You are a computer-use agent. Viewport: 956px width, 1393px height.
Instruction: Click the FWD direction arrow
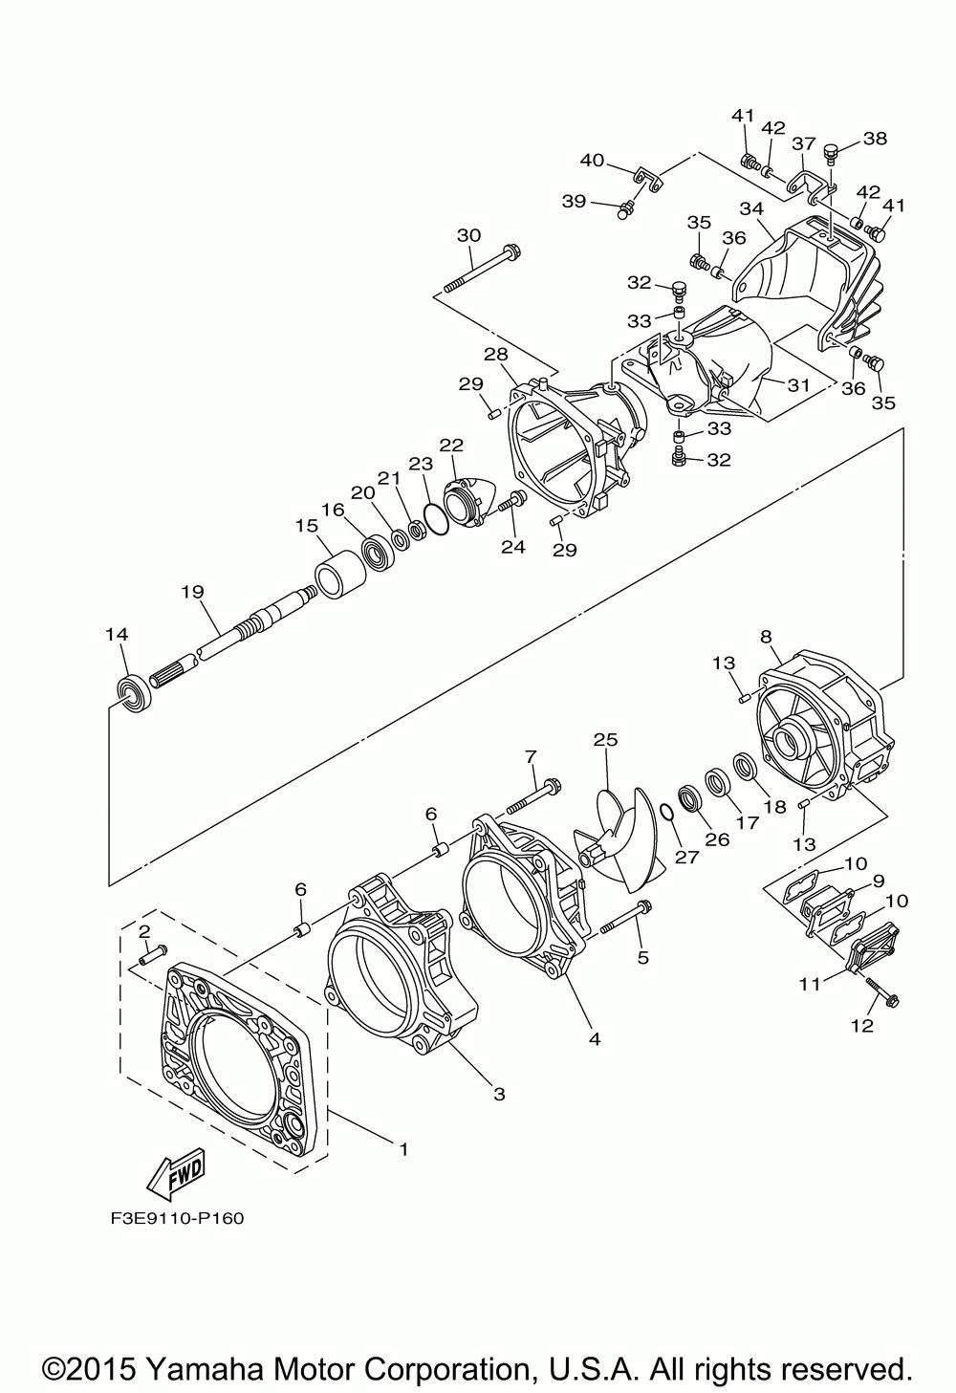176,1176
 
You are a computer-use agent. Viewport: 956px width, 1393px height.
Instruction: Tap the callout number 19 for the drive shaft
193,591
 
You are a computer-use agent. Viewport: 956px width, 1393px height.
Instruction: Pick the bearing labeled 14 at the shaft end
134,692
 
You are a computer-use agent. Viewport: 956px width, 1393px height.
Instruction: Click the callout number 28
496,355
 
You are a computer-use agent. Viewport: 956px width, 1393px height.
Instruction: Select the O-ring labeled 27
666,813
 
